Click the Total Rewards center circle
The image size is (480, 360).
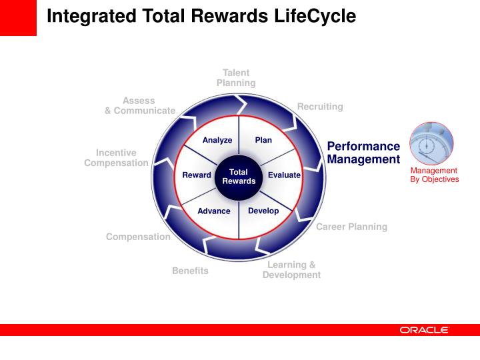click(x=239, y=176)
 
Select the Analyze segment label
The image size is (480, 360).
click(x=217, y=140)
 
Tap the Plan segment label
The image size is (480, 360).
click(x=263, y=140)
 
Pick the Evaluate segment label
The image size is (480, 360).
click(x=284, y=175)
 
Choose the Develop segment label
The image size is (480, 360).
click(x=263, y=211)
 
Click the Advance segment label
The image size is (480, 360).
click(x=214, y=211)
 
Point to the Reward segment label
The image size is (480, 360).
click(x=197, y=175)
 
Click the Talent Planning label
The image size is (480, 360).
click(x=236, y=78)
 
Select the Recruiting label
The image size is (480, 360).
click(x=320, y=107)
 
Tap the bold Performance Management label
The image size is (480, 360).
click(x=363, y=153)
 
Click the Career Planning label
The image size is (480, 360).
click(x=351, y=227)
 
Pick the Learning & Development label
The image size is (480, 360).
click(x=291, y=270)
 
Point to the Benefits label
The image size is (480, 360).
click(x=190, y=271)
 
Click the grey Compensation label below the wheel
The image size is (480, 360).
click(x=138, y=237)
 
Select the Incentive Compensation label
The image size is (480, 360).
click(x=116, y=158)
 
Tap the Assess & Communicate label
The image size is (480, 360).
click(x=139, y=105)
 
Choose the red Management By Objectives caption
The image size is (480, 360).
click(x=434, y=175)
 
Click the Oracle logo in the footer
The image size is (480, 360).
click(x=425, y=330)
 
